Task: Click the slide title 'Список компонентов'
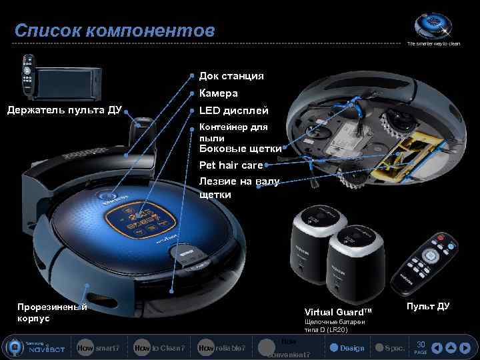(x=115, y=31)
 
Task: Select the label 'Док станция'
(x=231, y=76)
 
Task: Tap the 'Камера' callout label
(x=218, y=93)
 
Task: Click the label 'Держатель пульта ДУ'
(x=64, y=110)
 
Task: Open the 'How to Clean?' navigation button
(x=159, y=348)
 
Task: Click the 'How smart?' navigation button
(x=98, y=348)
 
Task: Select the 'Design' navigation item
(x=348, y=348)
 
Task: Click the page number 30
(x=420, y=345)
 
